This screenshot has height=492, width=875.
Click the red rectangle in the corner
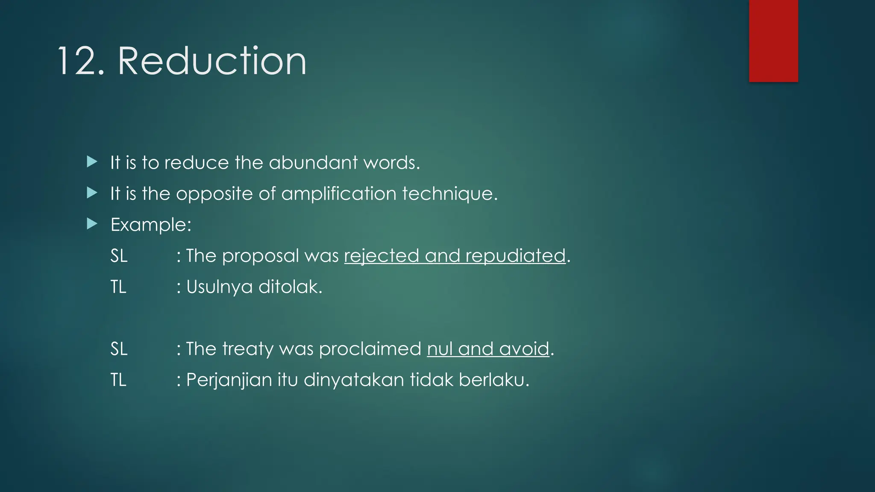point(773,41)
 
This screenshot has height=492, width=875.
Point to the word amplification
point(338,194)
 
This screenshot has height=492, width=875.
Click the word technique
point(449,194)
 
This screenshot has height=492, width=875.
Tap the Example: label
point(151,225)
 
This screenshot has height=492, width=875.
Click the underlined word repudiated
point(515,256)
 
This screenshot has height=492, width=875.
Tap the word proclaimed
point(370,349)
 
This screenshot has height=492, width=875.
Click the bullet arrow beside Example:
point(92,223)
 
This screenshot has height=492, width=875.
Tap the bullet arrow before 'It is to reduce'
point(92,161)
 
